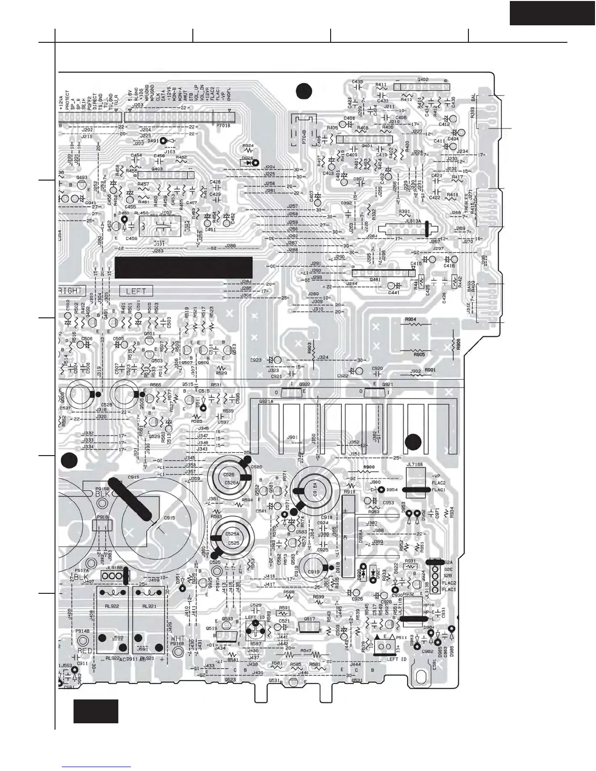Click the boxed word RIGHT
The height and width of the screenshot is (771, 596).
coord(71,291)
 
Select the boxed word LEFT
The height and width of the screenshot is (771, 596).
coord(136,291)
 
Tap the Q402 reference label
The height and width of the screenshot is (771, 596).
coord(423,80)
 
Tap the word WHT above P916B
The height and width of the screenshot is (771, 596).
coord(178,638)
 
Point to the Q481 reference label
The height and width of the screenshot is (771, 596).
coord(375,280)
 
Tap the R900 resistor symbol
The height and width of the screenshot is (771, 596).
coord(368,471)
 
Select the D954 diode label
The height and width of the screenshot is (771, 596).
coord(392,490)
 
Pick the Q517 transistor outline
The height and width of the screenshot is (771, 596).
coord(310,628)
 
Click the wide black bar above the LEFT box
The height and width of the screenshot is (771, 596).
coord(183,268)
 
